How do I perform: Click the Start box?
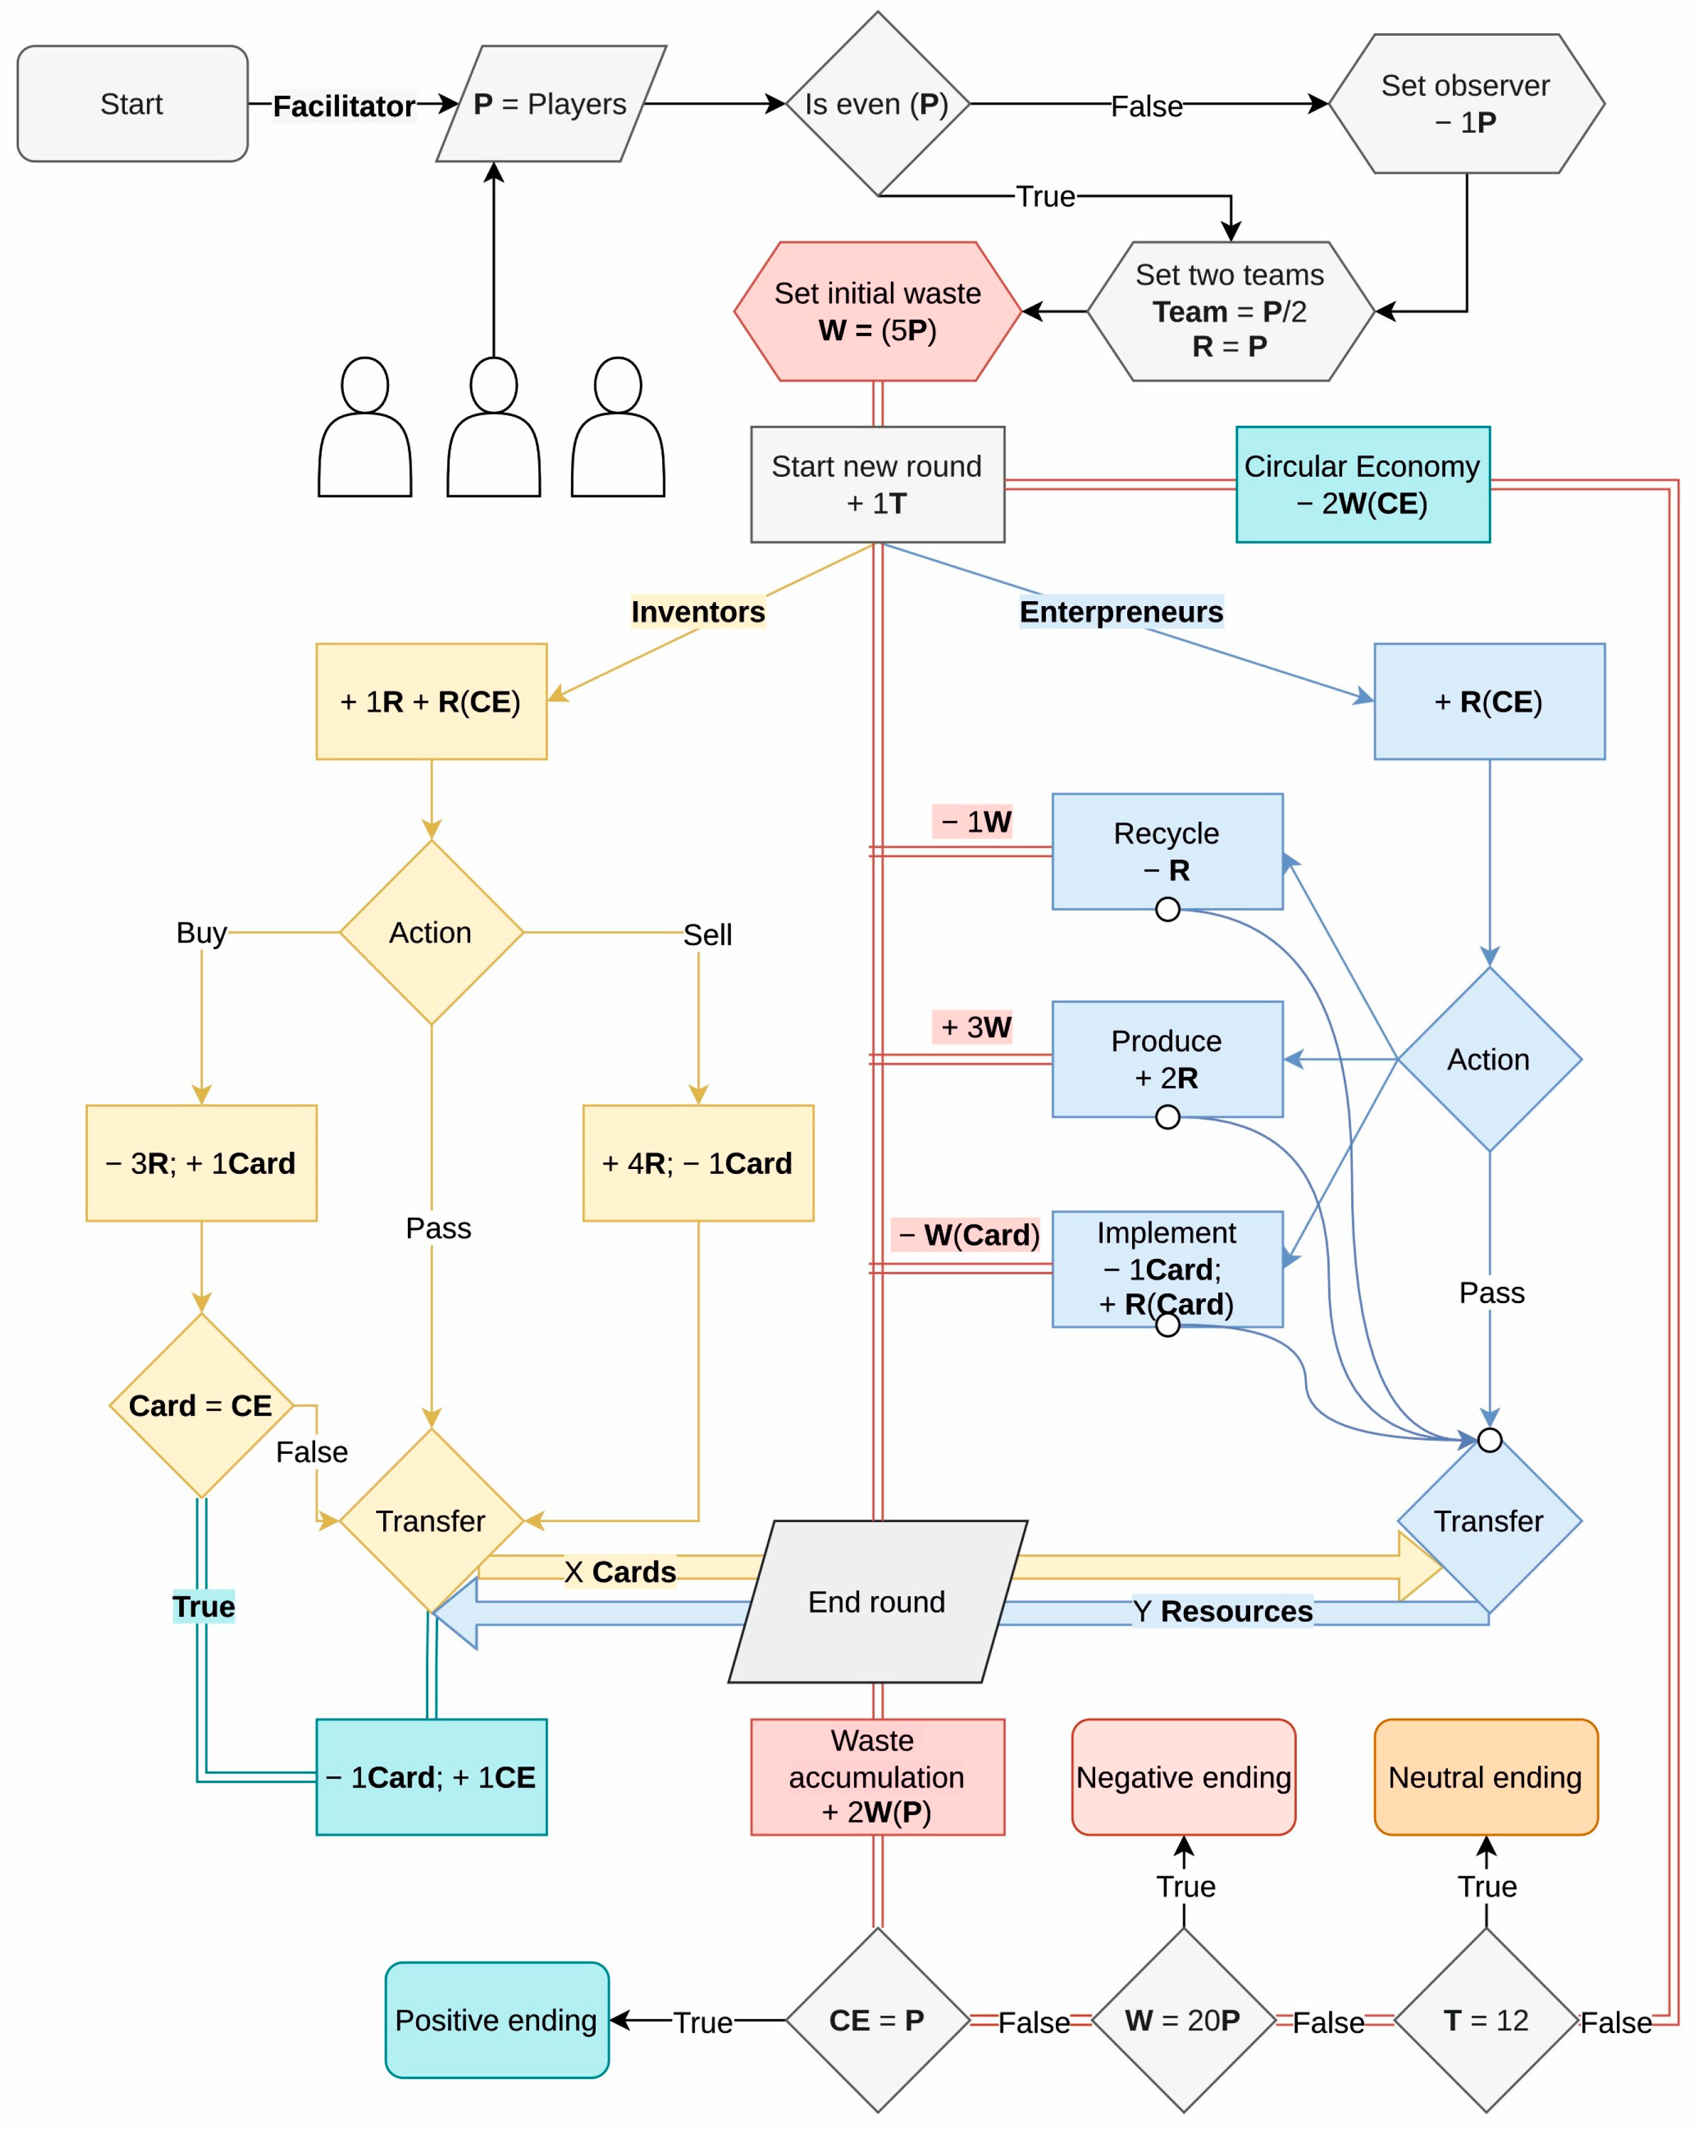pyautogui.click(x=132, y=104)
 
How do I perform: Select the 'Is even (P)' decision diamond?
pyautogui.click(x=877, y=104)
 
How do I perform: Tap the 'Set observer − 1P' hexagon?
pyautogui.click(x=1466, y=104)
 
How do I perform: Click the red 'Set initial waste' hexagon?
pyautogui.click(x=877, y=311)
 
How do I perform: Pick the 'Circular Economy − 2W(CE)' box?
pyautogui.click(x=1363, y=485)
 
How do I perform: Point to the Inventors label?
pyautogui.click(x=698, y=612)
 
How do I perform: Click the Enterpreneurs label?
pyautogui.click(x=1122, y=612)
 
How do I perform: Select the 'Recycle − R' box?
pyautogui.click(x=1167, y=852)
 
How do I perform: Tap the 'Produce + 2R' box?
pyautogui.click(x=1167, y=1059)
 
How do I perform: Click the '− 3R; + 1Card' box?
pyautogui.click(x=202, y=1163)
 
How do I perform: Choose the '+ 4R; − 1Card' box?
pyautogui.click(x=698, y=1163)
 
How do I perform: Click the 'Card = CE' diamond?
pyautogui.click(x=202, y=1405)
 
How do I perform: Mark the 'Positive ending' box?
pyautogui.click(x=497, y=2020)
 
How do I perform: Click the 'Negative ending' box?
pyautogui.click(x=1184, y=1777)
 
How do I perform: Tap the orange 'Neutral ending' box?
pyautogui.click(x=1485, y=1777)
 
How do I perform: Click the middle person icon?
pyautogui.click(x=493, y=427)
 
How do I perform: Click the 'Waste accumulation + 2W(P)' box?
pyautogui.click(x=877, y=1777)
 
